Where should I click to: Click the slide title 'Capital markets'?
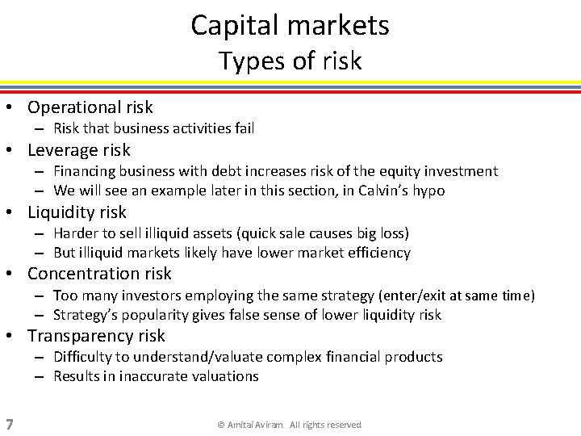click(x=290, y=25)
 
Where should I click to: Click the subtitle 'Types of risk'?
click(x=290, y=61)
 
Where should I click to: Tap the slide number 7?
click(x=8, y=424)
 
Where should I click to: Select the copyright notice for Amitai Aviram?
click(x=290, y=425)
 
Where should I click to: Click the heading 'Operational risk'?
click(x=90, y=107)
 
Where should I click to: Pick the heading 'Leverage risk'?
click(x=78, y=150)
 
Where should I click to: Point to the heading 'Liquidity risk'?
click(x=77, y=212)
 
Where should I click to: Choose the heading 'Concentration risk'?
click(x=99, y=274)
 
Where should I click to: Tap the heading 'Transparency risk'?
click(x=96, y=336)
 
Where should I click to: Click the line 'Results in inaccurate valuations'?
click(x=156, y=376)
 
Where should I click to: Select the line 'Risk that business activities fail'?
click(x=153, y=128)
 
